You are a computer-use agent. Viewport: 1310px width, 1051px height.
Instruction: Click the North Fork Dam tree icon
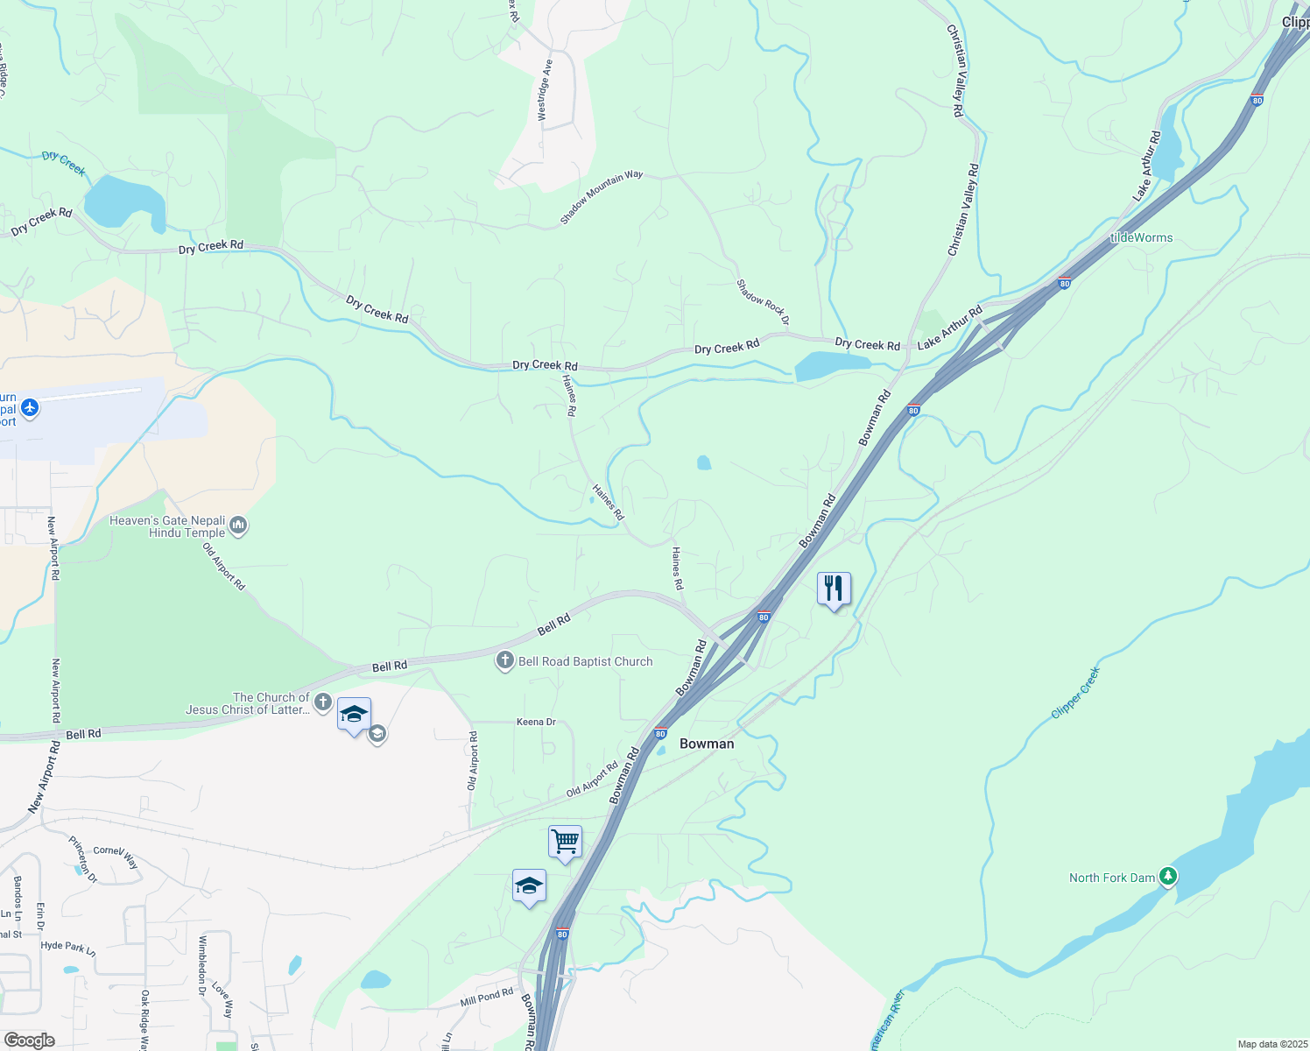click(1167, 876)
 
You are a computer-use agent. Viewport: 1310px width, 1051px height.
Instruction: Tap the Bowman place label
click(707, 744)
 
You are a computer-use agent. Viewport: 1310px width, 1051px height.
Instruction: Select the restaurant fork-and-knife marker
click(834, 589)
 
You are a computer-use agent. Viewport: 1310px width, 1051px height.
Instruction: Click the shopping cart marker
click(565, 842)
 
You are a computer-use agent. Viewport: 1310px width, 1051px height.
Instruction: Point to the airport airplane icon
click(30, 407)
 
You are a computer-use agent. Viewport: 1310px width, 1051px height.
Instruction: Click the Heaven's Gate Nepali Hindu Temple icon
click(238, 525)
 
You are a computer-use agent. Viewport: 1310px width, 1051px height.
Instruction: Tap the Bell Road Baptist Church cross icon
click(504, 661)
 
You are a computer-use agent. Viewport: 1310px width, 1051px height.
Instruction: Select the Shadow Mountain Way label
click(602, 196)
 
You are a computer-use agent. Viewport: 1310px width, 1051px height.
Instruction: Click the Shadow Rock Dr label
click(763, 302)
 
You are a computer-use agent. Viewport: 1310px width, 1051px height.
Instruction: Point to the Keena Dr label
click(536, 723)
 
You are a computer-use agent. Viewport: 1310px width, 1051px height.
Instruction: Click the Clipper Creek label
click(1075, 693)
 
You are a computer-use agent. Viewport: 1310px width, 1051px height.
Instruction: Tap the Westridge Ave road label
click(545, 90)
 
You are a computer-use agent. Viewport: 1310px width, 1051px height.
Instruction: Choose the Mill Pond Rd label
click(486, 998)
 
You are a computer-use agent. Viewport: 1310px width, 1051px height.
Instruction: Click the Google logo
click(29, 1040)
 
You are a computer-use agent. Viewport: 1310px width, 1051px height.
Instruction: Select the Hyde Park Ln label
click(67, 947)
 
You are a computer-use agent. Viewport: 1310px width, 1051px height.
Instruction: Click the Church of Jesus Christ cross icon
click(322, 702)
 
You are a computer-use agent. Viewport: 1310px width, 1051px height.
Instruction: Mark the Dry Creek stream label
click(64, 162)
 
